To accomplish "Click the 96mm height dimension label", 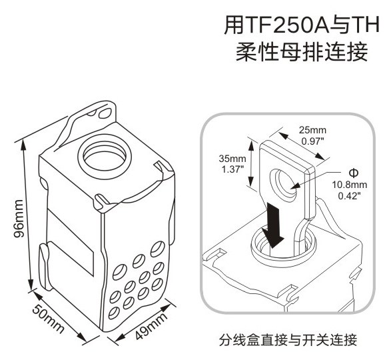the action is click(19, 218).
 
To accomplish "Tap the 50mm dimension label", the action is click(48, 319).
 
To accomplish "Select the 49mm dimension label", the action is click(152, 325).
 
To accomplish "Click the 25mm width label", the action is click(312, 130).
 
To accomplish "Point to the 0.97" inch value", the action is click(312, 141).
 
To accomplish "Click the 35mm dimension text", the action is click(232, 159).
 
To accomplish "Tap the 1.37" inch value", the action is click(232, 169).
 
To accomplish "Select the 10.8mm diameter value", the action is click(350, 185).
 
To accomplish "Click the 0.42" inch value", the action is click(349, 195).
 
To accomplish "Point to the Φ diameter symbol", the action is click(353, 173).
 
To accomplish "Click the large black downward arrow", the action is click(273, 225).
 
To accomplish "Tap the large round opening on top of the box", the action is click(104, 157).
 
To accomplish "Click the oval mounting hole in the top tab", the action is click(105, 113).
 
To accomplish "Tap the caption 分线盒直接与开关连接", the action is click(288, 340).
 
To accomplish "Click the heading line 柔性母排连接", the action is click(301, 52).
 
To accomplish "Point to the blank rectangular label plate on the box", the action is click(70, 242).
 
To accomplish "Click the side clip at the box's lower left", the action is click(45, 267).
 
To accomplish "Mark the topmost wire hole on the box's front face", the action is click(158, 249).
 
